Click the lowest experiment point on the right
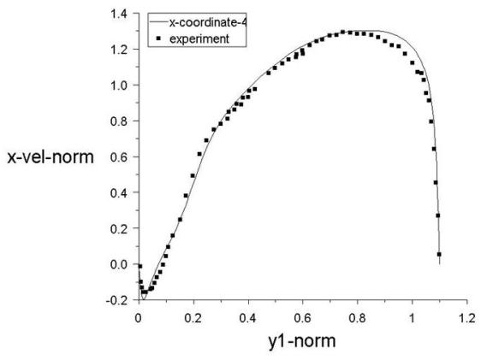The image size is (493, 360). click(439, 254)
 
